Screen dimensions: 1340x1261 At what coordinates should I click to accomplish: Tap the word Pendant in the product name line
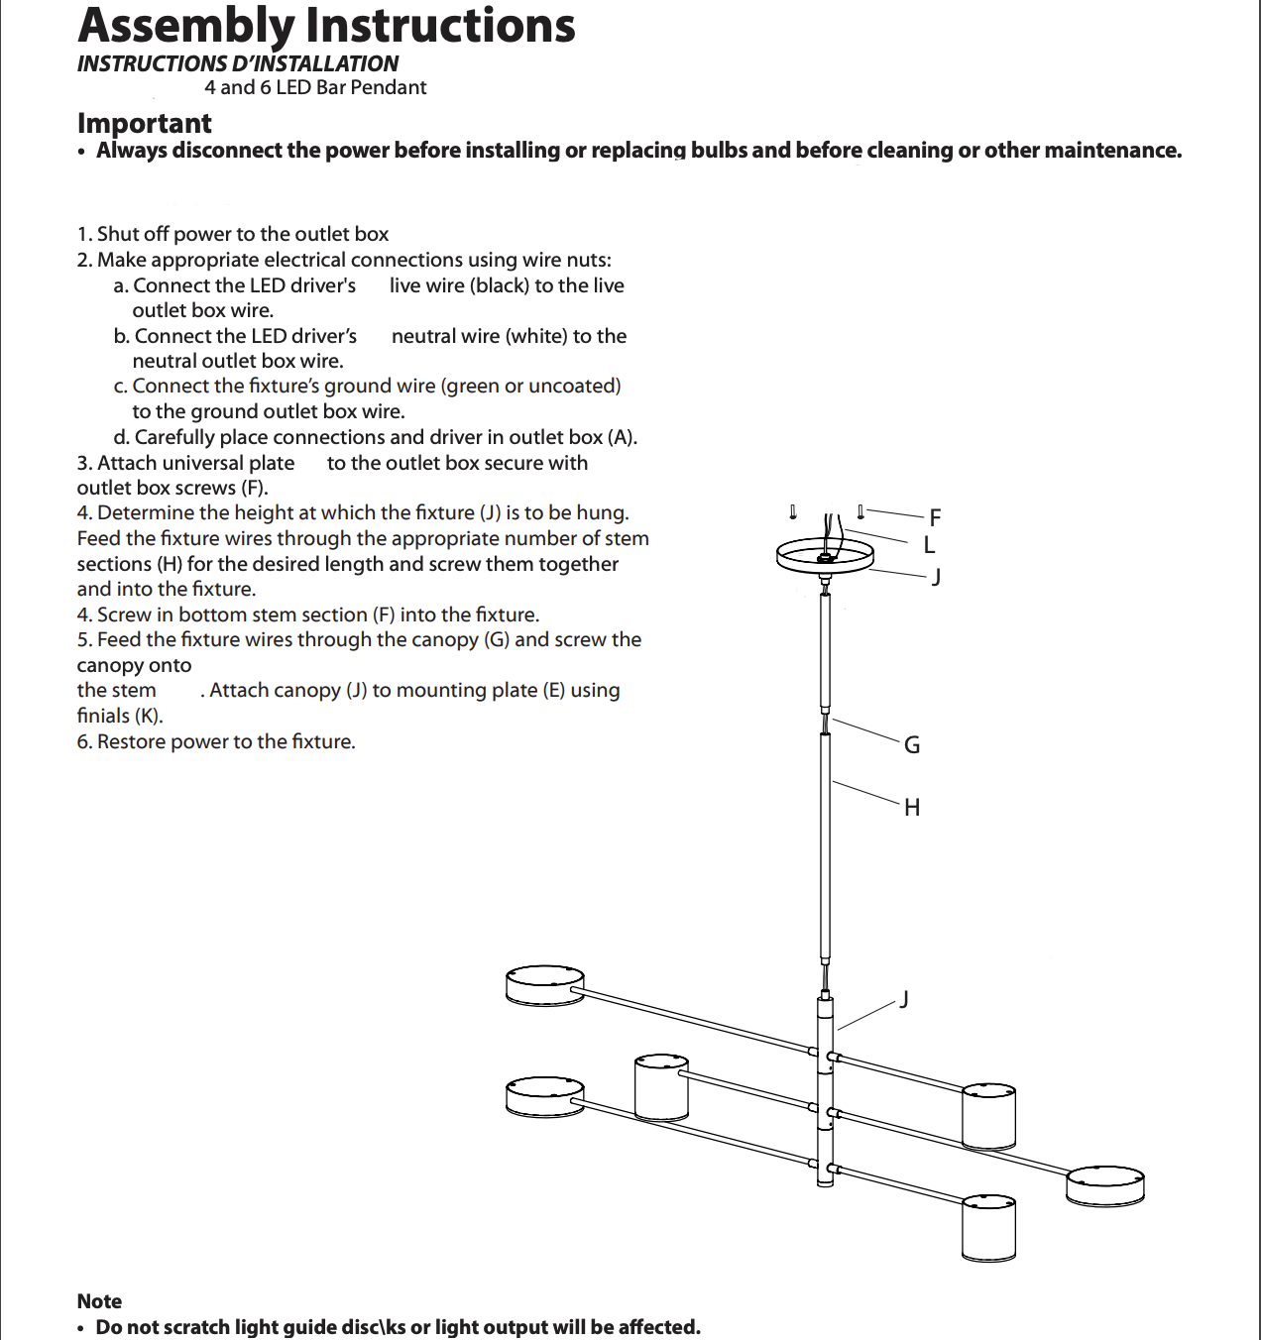point(389,87)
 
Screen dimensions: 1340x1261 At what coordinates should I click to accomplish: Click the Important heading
point(145,123)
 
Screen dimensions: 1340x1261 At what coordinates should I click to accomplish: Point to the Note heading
point(99,1301)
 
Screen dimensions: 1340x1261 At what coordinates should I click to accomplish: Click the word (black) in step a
point(500,285)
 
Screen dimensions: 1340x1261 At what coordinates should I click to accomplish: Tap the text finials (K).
point(120,716)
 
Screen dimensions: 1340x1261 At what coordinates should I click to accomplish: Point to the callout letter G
point(912,745)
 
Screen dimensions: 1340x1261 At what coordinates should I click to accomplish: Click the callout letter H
point(912,808)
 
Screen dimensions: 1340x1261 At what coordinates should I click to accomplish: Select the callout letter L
point(929,545)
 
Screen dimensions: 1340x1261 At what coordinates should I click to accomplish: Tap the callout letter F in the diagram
point(935,517)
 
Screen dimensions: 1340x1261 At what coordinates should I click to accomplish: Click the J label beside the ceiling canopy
point(936,577)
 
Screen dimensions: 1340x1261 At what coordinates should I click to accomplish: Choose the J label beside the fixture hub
point(904,998)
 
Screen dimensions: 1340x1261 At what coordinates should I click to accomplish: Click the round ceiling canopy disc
point(823,557)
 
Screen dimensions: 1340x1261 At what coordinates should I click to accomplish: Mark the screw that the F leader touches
point(860,511)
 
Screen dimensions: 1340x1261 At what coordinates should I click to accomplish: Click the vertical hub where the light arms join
point(825,1090)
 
